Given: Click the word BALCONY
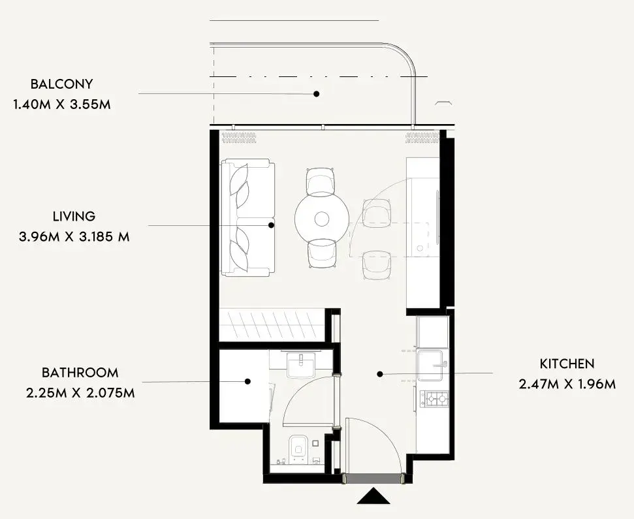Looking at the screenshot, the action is pos(61,84).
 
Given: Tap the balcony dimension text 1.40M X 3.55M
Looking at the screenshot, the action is pos(61,104).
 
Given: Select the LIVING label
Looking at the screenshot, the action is pos(74,216).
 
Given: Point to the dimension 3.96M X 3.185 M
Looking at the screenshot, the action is pos(74,236).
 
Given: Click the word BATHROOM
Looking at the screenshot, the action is pos(80,372).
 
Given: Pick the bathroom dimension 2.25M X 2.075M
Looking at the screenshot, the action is pos(80,392).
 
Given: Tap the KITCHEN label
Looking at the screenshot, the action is pos(567,364).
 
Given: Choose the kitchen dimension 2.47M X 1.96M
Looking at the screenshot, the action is pos(567,384).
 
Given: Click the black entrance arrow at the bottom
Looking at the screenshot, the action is pos(373,496).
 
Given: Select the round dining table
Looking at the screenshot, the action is pos(321,219).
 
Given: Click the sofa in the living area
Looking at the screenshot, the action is pos(248,217).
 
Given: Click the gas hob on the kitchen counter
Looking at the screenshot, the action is pos(435,399).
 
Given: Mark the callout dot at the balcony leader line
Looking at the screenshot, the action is pos(317,94).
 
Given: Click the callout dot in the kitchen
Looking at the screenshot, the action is pos(379,374).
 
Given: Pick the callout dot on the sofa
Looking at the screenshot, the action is pos(272,225).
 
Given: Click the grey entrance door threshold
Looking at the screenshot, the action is pos(373,479).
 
